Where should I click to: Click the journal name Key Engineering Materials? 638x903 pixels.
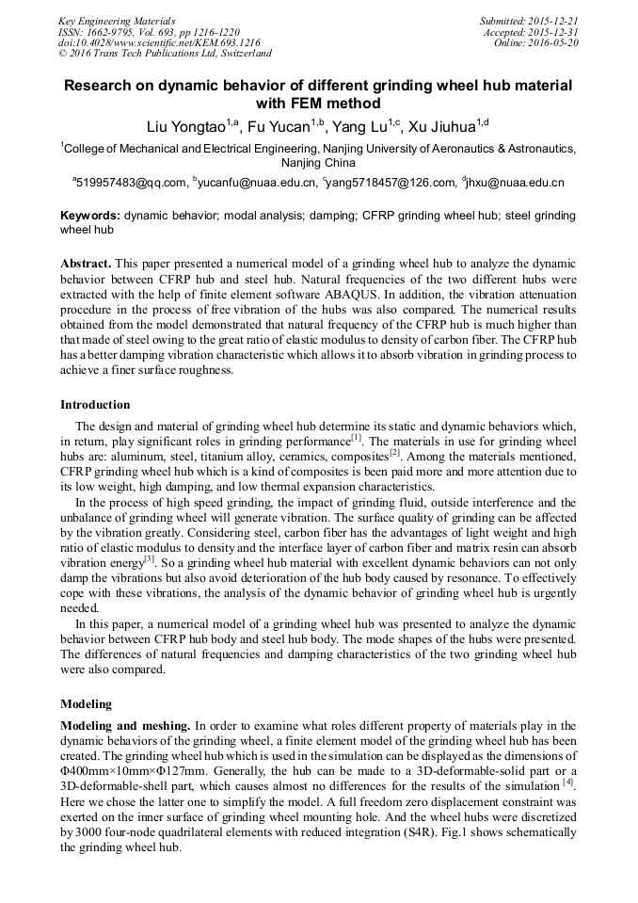(117, 21)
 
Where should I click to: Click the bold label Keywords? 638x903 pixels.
(89, 216)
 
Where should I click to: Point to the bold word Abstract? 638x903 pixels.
(86, 265)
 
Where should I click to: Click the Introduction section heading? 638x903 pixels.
(95, 405)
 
